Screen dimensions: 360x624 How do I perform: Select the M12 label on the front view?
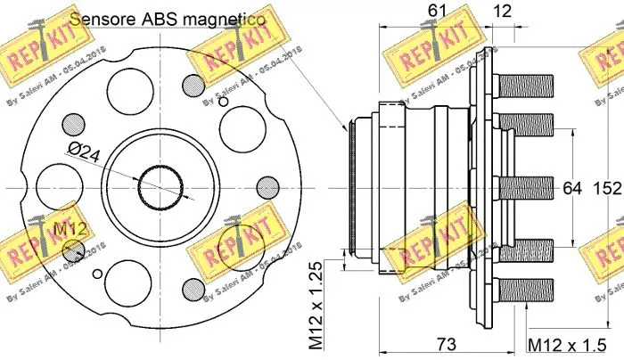[70, 230]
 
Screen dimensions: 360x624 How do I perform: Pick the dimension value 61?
[437, 12]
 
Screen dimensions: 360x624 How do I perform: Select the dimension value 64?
[571, 188]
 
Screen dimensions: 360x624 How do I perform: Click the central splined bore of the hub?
[161, 188]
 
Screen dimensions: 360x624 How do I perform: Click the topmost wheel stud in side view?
[525, 86]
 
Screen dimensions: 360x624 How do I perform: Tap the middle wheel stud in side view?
[525, 188]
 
